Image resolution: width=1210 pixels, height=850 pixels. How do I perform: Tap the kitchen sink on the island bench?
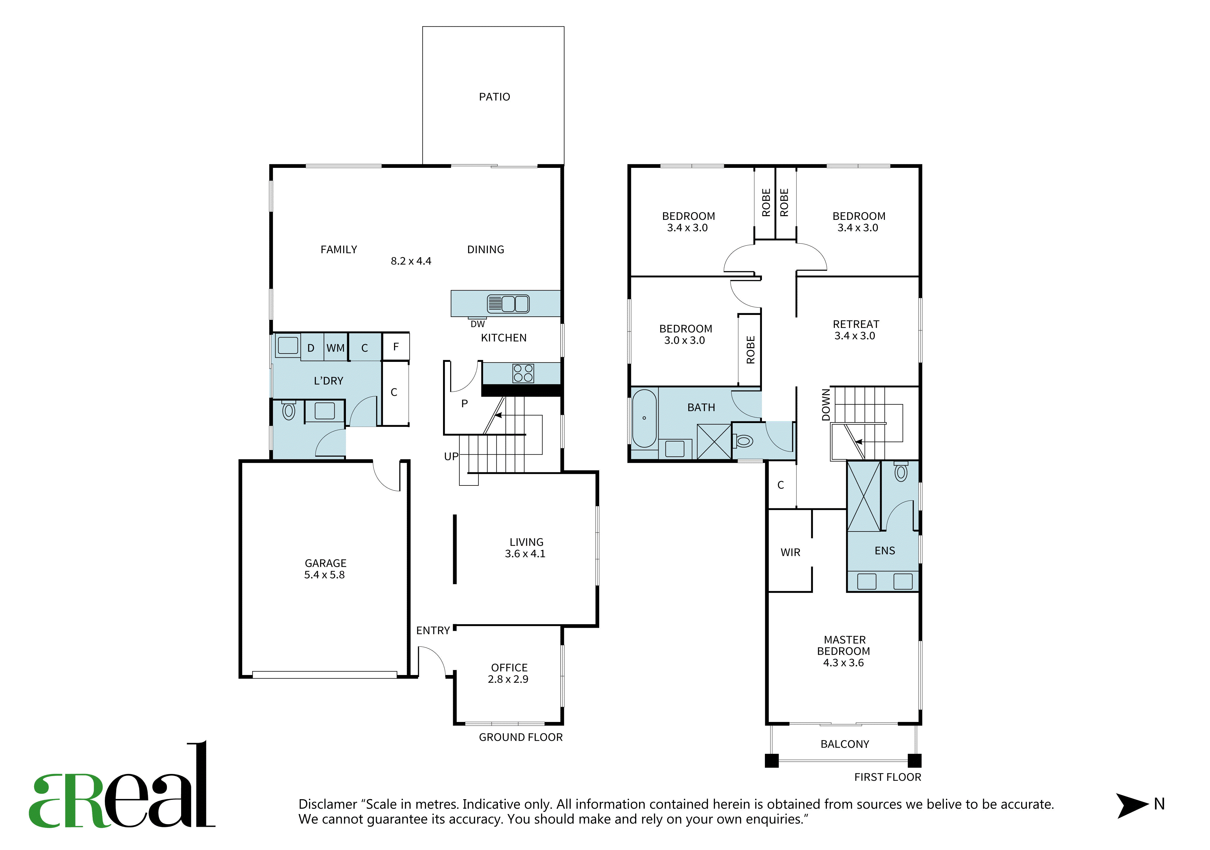[508, 304]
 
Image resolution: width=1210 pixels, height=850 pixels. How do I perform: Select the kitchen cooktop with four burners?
[523, 373]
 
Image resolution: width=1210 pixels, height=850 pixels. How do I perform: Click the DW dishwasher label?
[477, 324]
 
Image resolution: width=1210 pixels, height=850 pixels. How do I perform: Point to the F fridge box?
[396, 346]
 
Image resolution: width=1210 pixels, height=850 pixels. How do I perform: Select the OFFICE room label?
[509, 668]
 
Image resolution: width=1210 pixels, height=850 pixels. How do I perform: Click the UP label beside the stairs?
[451, 457]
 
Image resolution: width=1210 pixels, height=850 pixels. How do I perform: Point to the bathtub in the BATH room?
[644, 418]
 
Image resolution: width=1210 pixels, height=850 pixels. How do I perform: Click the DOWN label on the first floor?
[826, 405]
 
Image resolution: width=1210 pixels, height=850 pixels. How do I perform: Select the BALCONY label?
[845, 744]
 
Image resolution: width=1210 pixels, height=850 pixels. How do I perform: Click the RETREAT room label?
[856, 324]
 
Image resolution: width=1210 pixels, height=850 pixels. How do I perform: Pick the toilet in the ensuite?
[901, 471]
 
